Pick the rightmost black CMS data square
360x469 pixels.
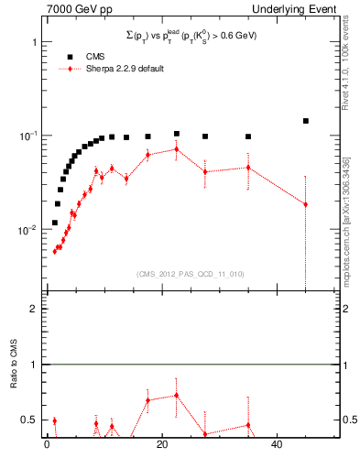click(x=306, y=121)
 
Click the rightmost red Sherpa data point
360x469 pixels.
click(x=306, y=204)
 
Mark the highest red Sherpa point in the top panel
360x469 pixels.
click(x=177, y=148)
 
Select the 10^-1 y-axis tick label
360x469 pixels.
click(x=27, y=136)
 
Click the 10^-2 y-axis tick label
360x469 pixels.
click(x=27, y=229)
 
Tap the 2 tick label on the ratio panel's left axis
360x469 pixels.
click(x=34, y=309)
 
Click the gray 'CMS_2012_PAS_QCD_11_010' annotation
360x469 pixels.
click(x=179, y=273)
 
